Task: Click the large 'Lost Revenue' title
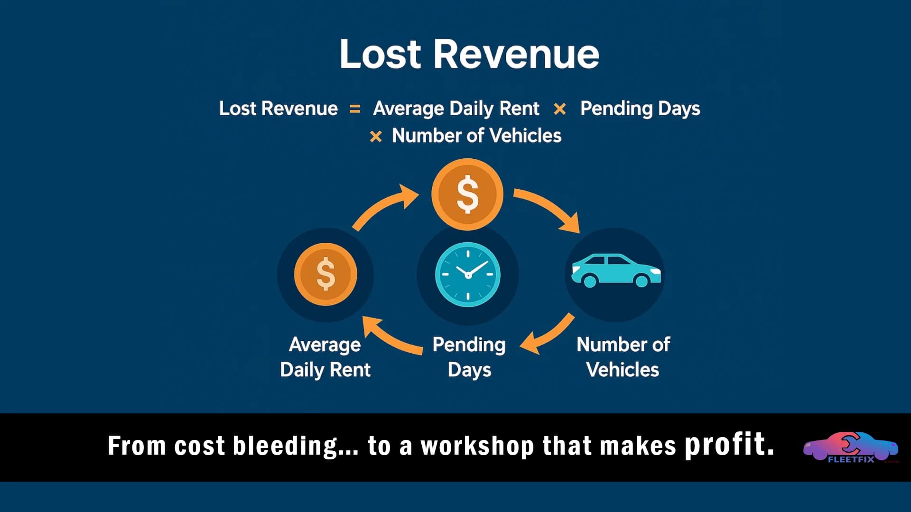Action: pos(469,54)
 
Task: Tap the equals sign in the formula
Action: pos(355,109)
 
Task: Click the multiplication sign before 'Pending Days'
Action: pos(560,109)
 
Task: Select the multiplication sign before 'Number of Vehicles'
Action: pos(376,137)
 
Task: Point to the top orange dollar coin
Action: pos(467,194)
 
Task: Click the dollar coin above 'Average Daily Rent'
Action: pos(325,274)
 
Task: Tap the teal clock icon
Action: pos(468,274)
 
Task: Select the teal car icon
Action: pos(615,271)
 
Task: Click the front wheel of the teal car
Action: pos(641,281)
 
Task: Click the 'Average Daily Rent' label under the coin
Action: pos(325,357)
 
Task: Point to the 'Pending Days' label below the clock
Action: pos(469,357)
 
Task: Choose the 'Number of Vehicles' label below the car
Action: pos(623,357)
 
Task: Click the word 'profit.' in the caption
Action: pos(729,444)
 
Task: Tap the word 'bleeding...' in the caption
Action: pos(296,446)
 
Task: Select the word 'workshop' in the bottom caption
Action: pos(477,446)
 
